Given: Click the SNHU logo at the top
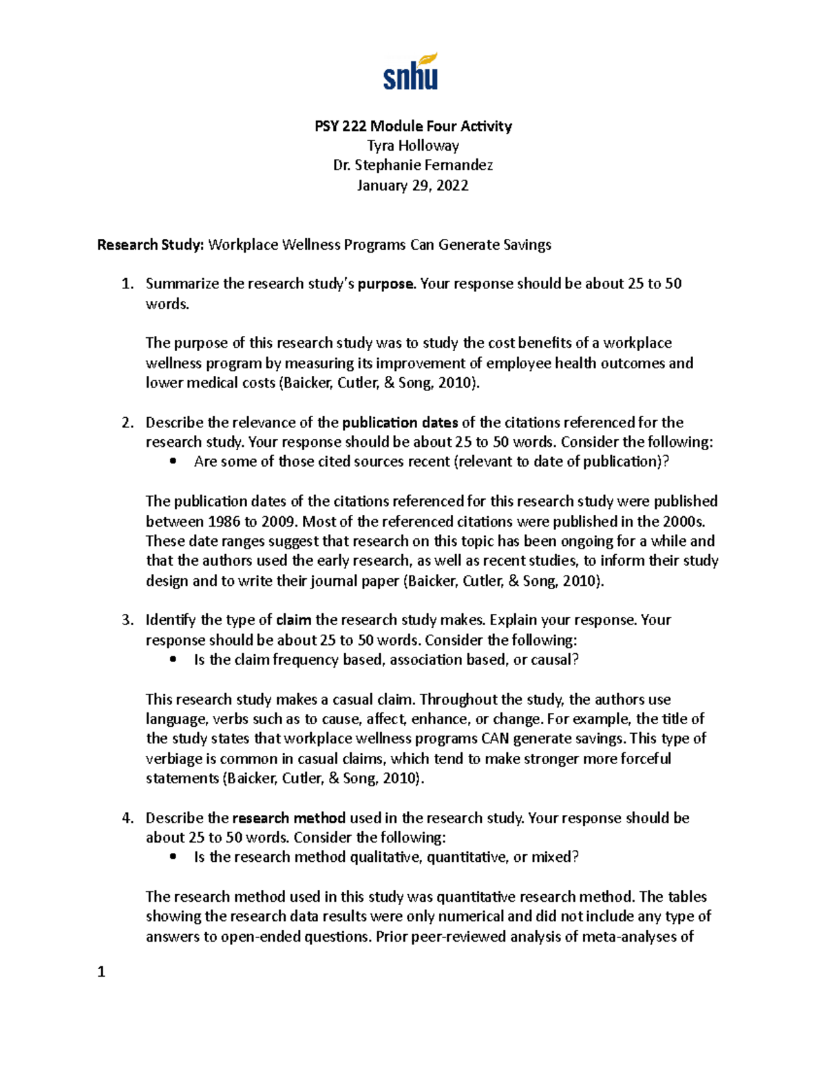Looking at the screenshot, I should tap(411, 72).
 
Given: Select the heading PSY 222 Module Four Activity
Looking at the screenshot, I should tap(413, 126).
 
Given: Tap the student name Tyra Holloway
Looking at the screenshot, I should tap(413, 146).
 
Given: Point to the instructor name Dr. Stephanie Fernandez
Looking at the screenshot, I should tap(413, 165).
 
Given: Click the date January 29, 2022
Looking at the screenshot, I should tap(413, 185).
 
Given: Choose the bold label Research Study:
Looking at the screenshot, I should tap(151, 245).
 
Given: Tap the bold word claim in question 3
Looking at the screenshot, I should tap(293, 620).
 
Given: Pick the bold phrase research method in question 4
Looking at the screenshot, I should tap(289, 818).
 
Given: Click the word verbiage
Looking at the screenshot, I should tap(174, 759).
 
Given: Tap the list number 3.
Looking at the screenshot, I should tap(127, 620).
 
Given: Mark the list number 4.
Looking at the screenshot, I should tap(127, 818).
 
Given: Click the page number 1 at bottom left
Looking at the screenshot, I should tap(102, 972).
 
